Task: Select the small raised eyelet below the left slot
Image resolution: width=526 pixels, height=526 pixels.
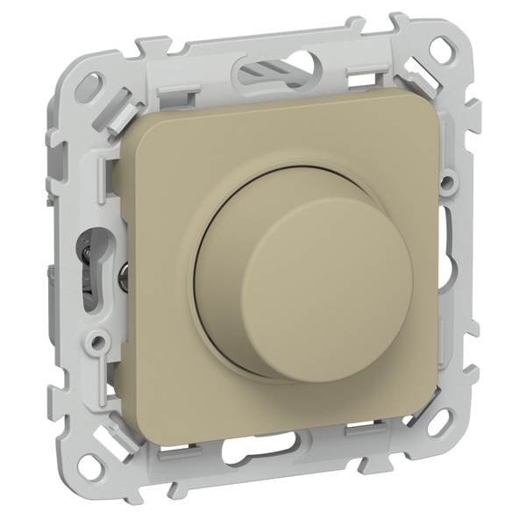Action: tap(103, 337)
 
